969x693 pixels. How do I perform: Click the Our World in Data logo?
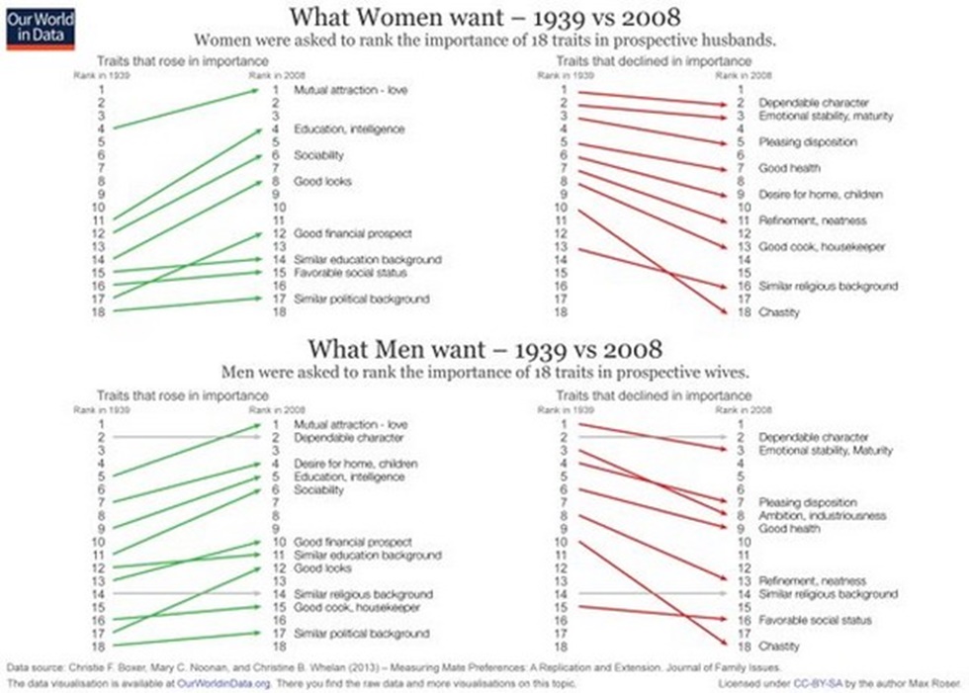click(x=40, y=28)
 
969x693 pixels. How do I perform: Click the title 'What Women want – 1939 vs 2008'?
click(x=484, y=18)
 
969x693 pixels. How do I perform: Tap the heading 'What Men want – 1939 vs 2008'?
click(x=484, y=350)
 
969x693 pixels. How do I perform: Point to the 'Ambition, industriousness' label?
click(x=822, y=516)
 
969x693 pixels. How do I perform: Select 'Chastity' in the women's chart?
click(x=779, y=312)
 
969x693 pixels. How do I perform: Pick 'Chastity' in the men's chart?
click(x=779, y=647)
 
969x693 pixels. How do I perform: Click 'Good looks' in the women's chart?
click(x=322, y=182)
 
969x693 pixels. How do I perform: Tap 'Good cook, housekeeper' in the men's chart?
click(x=355, y=607)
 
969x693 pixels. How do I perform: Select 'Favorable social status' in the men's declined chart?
click(x=815, y=621)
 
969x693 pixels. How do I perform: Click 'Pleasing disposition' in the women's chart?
click(x=807, y=142)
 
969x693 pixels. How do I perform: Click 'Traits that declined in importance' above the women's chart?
click(x=640, y=61)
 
